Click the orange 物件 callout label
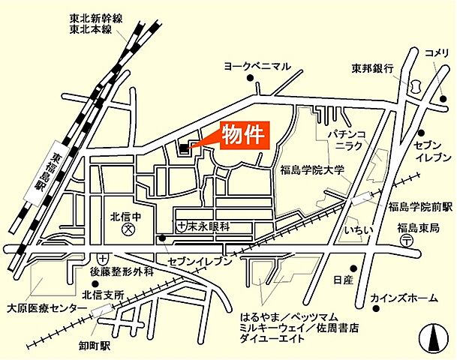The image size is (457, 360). coord(243,136)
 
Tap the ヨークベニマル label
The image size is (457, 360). coord(257,67)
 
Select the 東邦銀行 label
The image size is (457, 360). coord(373,68)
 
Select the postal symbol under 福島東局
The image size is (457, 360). coord(406,240)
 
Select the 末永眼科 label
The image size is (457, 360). coord(208,225)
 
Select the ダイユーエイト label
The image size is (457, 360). coord(272,339)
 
